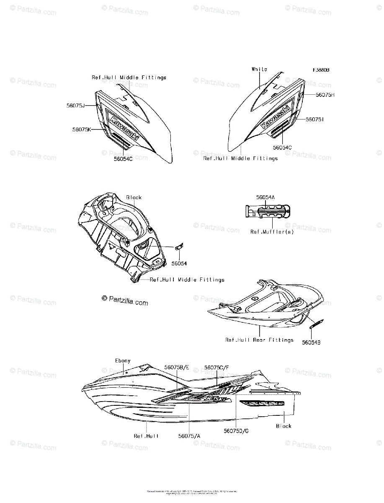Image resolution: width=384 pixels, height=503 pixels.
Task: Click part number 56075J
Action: [x=75, y=106]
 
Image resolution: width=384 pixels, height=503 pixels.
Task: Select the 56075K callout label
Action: [x=81, y=130]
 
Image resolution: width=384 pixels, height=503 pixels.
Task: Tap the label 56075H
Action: [x=325, y=95]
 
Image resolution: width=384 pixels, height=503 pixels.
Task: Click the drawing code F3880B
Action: [x=320, y=70]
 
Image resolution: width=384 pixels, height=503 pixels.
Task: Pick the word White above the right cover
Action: [x=259, y=69]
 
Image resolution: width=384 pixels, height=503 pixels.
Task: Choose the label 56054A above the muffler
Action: [x=265, y=197]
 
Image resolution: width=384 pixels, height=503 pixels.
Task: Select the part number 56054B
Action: [x=312, y=342]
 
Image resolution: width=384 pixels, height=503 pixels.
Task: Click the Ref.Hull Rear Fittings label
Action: [x=259, y=340]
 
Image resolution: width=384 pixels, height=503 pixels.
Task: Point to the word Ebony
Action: [x=123, y=360]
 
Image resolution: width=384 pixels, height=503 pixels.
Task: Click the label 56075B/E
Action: [x=177, y=367]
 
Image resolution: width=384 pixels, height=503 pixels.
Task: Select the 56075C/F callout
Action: [x=217, y=367]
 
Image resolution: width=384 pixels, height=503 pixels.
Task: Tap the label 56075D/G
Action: [x=237, y=430]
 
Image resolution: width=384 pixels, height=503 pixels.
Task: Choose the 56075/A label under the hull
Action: [x=189, y=436]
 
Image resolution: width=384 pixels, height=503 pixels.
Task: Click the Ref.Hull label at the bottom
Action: [x=146, y=436]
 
